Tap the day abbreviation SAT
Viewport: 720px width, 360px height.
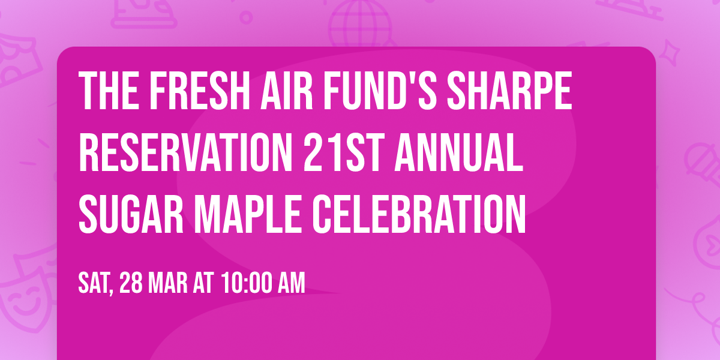click(x=95, y=283)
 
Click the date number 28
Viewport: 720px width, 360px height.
click(x=131, y=283)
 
